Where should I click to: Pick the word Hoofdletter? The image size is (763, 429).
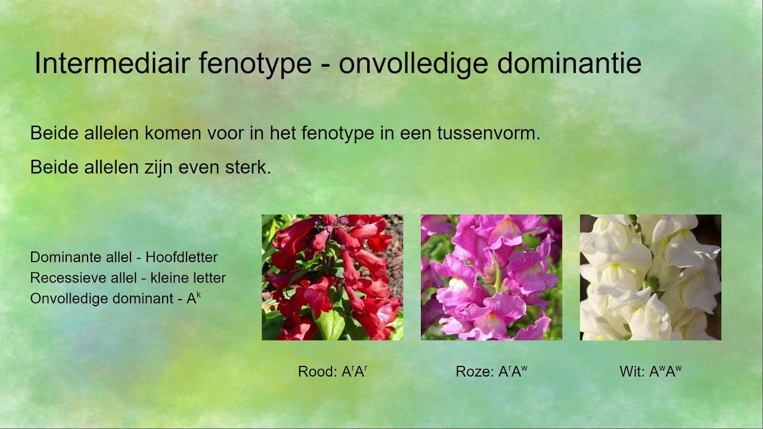(181, 257)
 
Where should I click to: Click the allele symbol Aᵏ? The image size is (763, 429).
(194, 297)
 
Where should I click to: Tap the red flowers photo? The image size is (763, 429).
(332, 277)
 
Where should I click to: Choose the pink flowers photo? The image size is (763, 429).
(491, 277)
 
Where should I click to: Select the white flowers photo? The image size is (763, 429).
(650, 277)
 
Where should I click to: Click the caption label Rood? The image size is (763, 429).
(316, 372)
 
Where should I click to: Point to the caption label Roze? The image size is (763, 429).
(474, 372)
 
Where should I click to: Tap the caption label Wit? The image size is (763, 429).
(631, 372)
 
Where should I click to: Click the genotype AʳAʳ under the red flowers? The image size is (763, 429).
(354, 372)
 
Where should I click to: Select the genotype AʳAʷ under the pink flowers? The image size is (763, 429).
(513, 372)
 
